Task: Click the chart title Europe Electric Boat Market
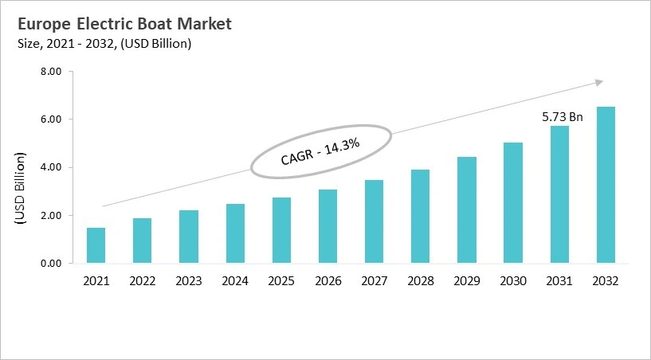pyautogui.click(x=124, y=24)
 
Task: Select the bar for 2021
pyautogui.click(x=96, y=245)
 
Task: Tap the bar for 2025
pyautogui.click(x=282, y=230)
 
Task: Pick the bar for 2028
pyautogui.click(x=420, y=216)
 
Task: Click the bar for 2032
pyautogui.click(x=605, y=185)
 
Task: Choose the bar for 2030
pyautogui.click(x=512, y=202)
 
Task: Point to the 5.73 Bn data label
pyautogui.click(x=563, y=117)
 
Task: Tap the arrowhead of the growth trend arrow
pyautogui.click(x=599, y=81)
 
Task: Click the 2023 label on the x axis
pyautogui.click(x=188, y=280)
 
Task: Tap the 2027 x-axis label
pyautogui.click(x=374, y=280)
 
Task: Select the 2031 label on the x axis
pyautogui.click(x=559, y=280)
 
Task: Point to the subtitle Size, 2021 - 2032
pyautogui.click(x=104, y=44)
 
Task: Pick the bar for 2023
pyautogui.click(x=188, y=237)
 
